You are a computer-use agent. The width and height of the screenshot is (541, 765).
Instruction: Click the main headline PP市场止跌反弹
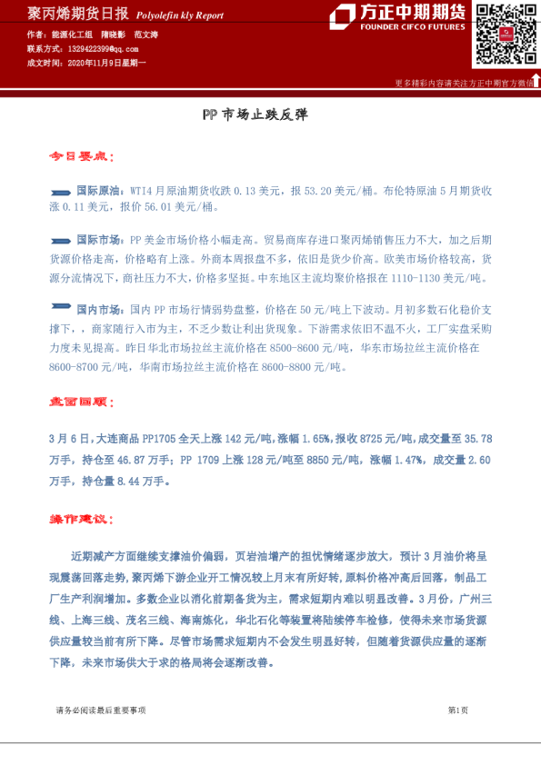click(x=255, y=115)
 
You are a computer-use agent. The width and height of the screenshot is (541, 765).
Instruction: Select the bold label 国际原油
click(x=96, y=191)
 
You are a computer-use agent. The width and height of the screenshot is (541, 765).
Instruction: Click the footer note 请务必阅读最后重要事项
click(x=100, y=710)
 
